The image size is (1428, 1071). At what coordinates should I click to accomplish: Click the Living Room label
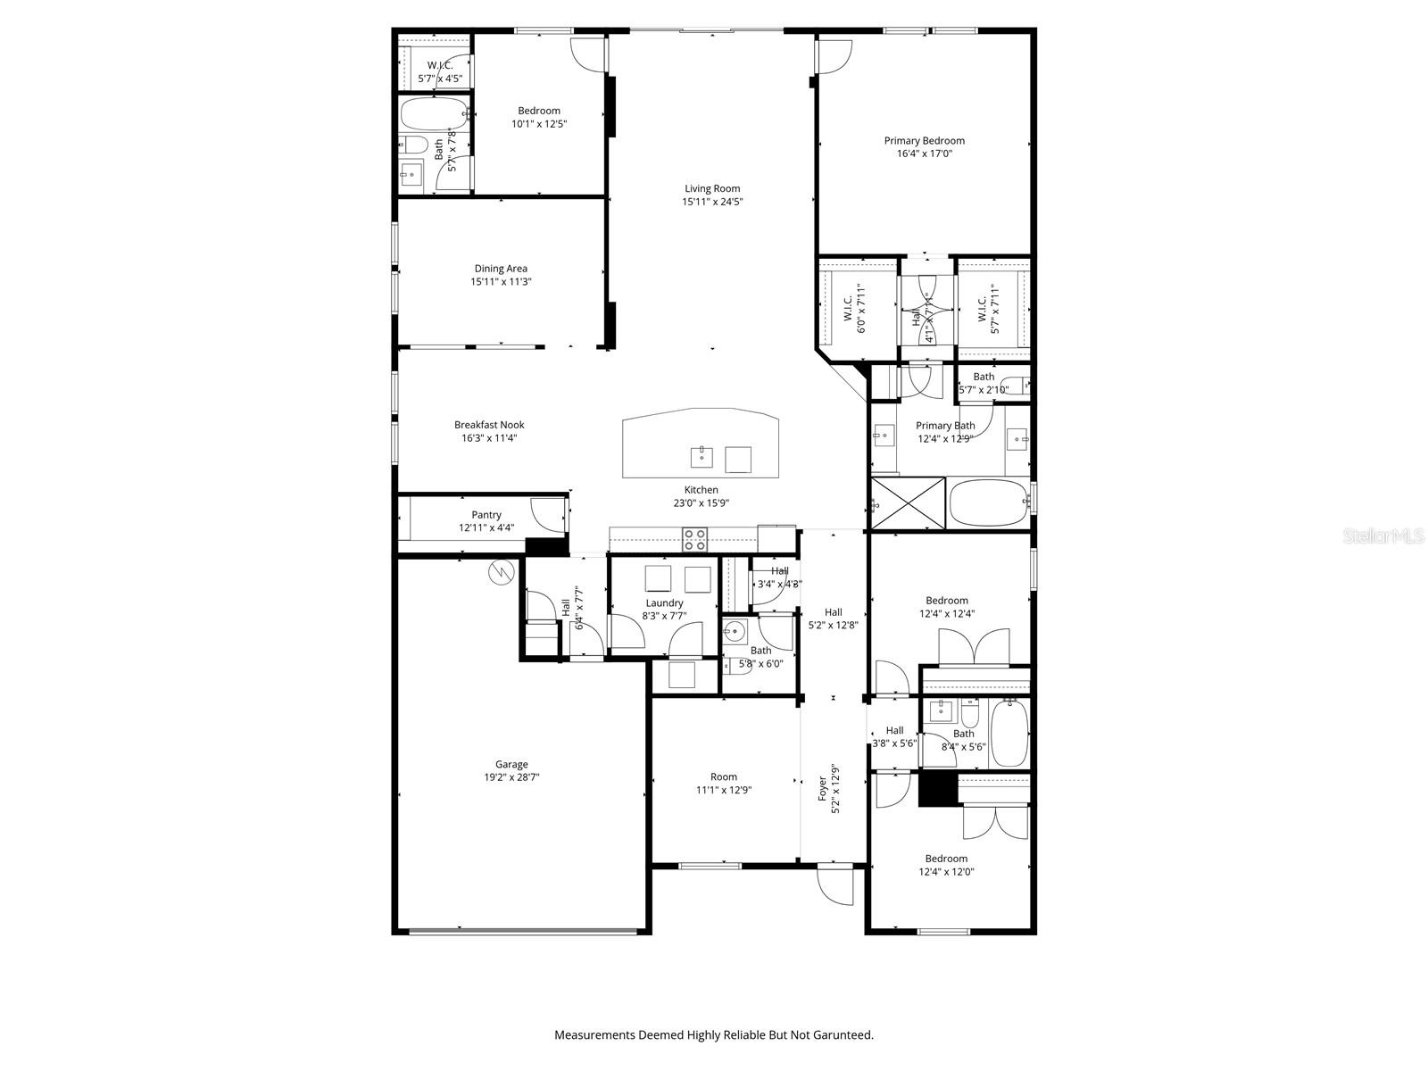click(712, 188)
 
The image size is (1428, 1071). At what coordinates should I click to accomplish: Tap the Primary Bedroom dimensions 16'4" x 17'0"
click(924, 154)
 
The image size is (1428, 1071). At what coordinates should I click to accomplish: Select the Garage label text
click(511, 764)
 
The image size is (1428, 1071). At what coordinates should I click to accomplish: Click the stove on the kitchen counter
click(695, 539)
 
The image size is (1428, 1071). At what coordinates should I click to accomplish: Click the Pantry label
click(486, 515)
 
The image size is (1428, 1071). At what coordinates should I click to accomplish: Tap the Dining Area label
click(501, 269)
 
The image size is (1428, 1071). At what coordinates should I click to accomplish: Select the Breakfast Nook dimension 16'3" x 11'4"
click(488, 438)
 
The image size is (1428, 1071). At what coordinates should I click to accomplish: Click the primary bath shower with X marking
click(908, 503)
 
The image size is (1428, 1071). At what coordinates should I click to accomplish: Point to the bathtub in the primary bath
click(987, 504)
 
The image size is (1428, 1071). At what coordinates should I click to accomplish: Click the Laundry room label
click(664, 603)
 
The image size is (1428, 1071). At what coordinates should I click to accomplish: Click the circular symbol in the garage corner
click(502, 572)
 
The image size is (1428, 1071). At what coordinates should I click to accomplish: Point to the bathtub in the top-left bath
click(432, 114)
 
